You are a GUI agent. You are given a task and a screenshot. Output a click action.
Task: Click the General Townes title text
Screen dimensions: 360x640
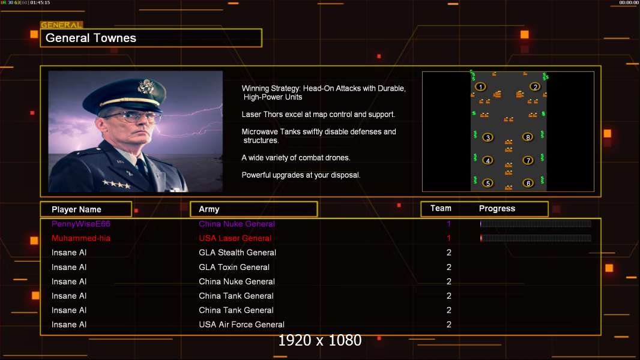click(x=91, y=38)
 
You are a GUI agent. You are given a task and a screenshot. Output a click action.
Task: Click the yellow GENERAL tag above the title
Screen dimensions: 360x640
click(x=61, y=25)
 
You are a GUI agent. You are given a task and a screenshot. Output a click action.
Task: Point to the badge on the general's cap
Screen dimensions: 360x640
click(x=145, y=87)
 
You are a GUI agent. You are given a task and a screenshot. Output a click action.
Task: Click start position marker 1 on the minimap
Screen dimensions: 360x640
click(x=480, y=87)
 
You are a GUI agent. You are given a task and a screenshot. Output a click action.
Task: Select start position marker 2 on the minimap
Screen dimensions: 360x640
click(x=535, y=87)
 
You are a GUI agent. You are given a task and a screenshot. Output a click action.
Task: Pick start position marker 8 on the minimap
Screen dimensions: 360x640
click(x=528, y=137)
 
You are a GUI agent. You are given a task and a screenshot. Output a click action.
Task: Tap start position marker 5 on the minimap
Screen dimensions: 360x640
click(x=488, y=183)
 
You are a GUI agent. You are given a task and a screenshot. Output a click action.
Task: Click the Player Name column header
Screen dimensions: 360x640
click(x=76, y=209)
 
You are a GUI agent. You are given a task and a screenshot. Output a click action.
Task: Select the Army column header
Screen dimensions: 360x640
click(x=209, y=209)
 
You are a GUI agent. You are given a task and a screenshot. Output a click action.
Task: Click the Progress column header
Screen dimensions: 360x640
click(x=497, y=209)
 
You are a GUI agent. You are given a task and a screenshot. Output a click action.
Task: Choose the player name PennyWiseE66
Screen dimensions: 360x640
click(x=81, y=224)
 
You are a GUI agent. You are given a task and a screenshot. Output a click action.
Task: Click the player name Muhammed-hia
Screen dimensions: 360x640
click(x=81, y=238)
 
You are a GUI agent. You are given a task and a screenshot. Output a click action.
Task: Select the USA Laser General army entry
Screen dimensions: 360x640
click(x=235, y=238)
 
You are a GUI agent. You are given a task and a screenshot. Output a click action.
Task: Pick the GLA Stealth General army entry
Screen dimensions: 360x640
click(x=237, y=253)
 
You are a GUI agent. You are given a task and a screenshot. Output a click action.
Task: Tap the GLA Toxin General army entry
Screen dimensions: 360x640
click(x=234, y=267)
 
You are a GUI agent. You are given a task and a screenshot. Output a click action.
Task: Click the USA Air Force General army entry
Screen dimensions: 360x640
click(x=241, y=325)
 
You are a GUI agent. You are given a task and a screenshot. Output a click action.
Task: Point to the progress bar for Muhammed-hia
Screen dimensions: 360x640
click(x=536, y=238)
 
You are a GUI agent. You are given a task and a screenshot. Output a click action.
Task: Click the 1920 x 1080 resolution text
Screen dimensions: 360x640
click(x=319, y=341)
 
